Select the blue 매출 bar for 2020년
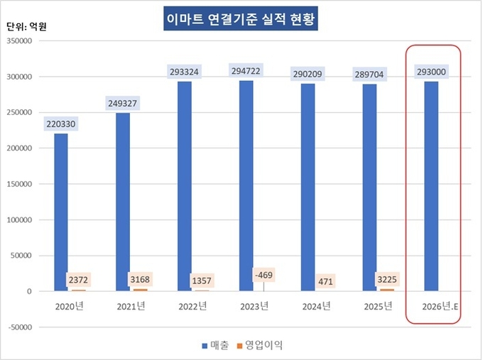point(61,212)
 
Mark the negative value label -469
point(264,273)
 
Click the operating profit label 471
point(326,280)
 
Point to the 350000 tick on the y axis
point(21,41)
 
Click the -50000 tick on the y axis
point(21,327)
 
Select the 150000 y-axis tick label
point(21,184)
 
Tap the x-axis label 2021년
point(131,306)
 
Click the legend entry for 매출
point(215,345)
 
